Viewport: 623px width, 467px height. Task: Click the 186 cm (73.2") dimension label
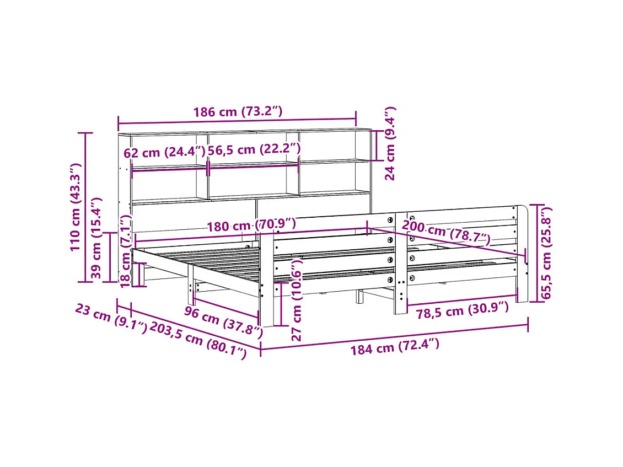(238, 112)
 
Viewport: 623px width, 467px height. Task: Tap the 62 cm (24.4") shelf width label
(164, 152)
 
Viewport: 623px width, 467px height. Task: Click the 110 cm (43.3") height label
(76, 207)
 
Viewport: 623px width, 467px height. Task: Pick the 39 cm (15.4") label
(97, 239)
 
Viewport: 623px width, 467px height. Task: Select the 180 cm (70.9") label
(251, 225)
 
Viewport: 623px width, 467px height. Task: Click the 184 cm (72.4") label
(395, 347)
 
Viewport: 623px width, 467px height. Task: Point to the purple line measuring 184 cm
(395, 336)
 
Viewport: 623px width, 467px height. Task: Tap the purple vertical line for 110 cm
(85, 207)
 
